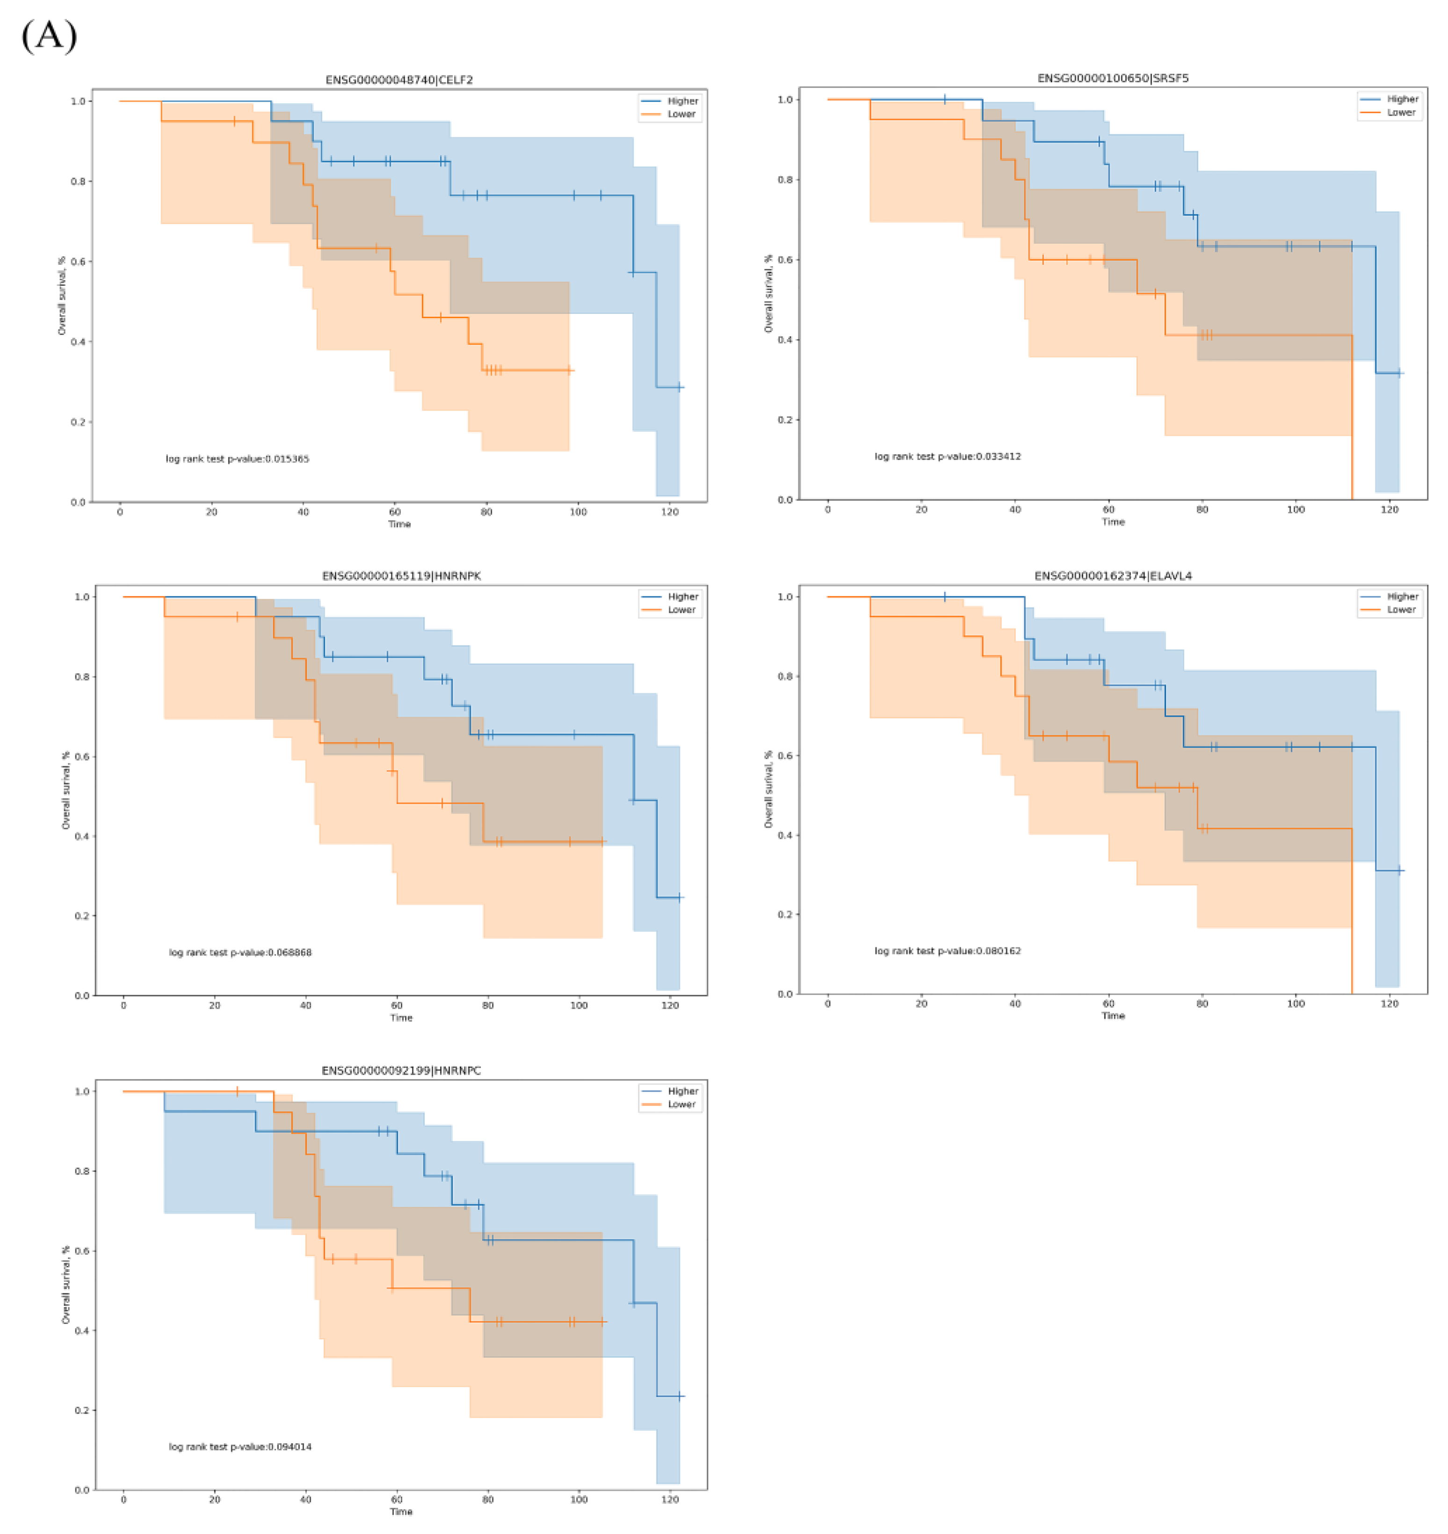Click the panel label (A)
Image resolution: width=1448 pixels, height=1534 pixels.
[x=49, y=36]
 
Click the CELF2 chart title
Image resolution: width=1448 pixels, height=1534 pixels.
[x=399, y=80]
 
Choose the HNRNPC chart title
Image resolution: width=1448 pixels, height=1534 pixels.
[x=401, y=1070]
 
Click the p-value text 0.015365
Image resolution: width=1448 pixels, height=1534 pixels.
[x=237, y=458]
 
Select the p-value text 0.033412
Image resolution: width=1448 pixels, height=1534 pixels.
[x=947, y=456]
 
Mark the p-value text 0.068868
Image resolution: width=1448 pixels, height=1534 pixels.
[x=240, y=952]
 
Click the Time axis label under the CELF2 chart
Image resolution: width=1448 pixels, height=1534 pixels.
[x=399, y=524]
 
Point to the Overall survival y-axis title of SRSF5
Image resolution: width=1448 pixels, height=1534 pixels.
[x=768, y=293]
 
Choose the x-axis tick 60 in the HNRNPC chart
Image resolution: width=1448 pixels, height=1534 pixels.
[x=397, y=1499]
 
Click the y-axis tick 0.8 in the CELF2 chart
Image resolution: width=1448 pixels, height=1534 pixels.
[x=78, y=182]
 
